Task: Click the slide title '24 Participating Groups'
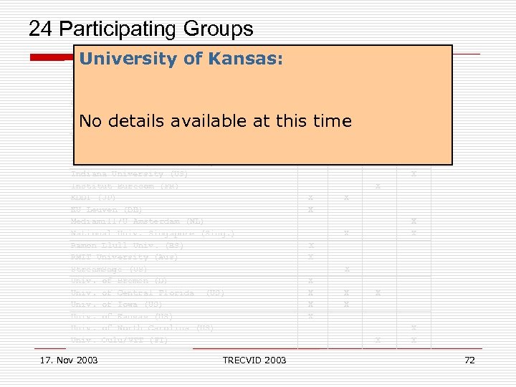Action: point(140,29)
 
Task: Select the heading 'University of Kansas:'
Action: point(181,59)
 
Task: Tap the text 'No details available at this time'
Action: point(215,121)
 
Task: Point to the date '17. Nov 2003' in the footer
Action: point(70,360)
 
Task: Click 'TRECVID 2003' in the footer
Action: point(254,360)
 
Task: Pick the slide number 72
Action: point(469,360)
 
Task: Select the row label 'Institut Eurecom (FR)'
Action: point(125,186)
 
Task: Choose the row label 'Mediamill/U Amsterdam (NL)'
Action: point(137,221)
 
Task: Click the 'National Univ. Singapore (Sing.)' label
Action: point(153,234)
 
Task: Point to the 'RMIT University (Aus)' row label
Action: point(124,257)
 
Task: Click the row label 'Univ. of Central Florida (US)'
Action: point(148,292)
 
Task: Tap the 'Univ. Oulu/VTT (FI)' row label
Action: point(119,340)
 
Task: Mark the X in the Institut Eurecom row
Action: point(378,186)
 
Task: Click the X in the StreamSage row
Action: point(346,269)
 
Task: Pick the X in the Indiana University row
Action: point(414,174)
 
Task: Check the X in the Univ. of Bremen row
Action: point(310,281)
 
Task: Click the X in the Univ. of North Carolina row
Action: point(414,328)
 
